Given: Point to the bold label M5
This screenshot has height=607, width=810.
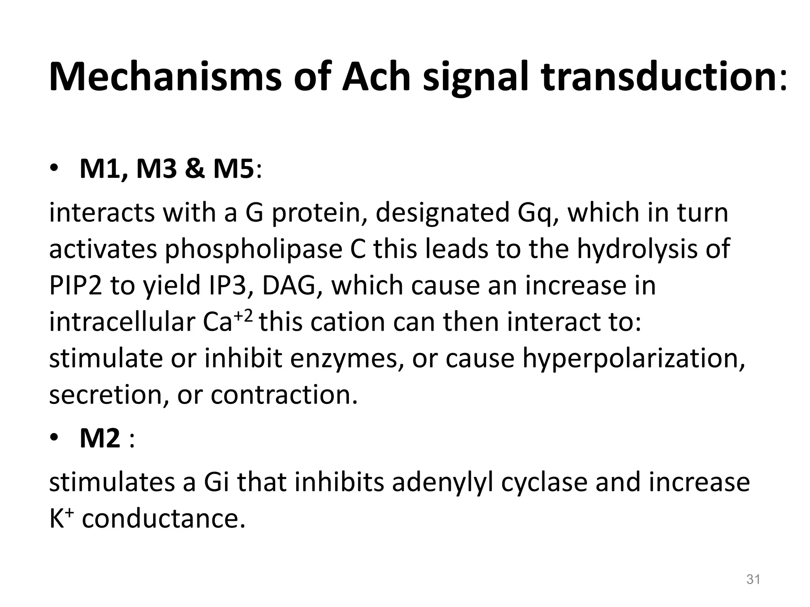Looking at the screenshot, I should (x=233, y=169).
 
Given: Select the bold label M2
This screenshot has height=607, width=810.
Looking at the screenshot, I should (x=100, y=439).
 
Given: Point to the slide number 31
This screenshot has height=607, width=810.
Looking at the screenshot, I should (x=753, y=579).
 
